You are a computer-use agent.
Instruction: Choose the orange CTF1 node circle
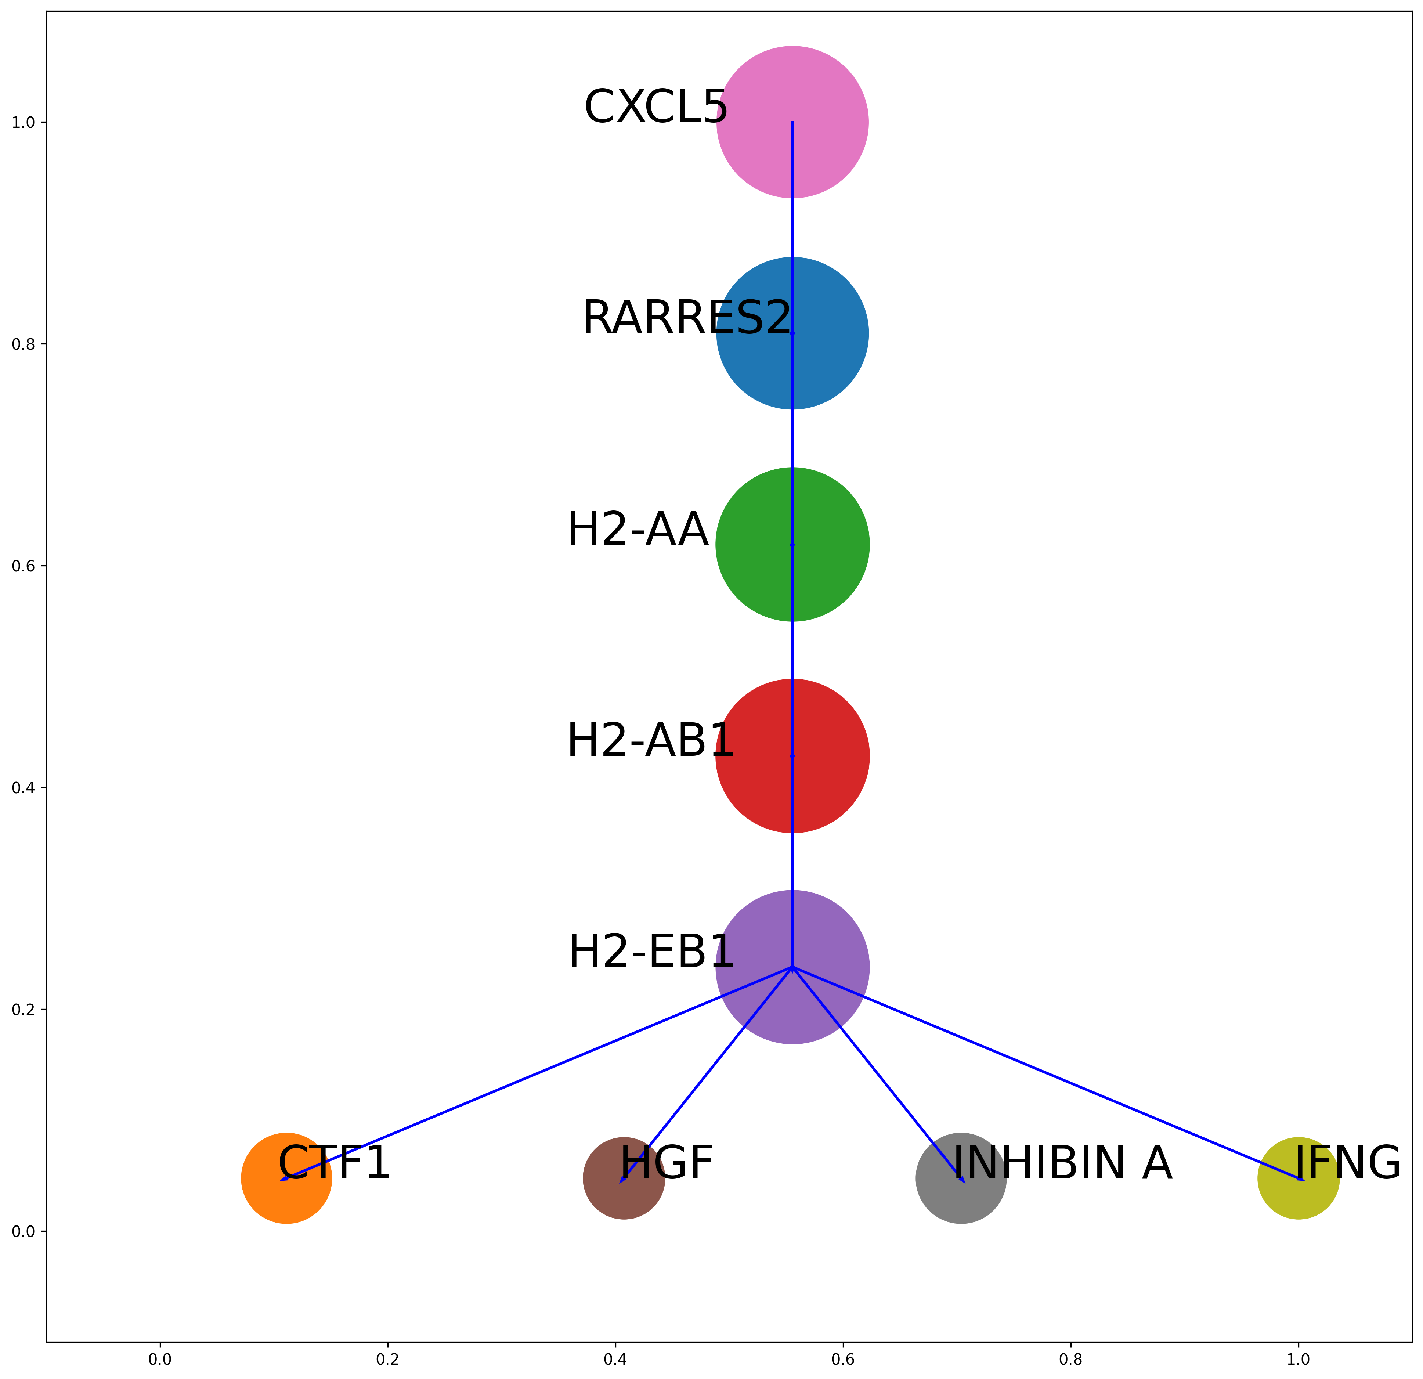coord(287,1178)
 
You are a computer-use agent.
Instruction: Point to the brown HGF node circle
coord(624,1178)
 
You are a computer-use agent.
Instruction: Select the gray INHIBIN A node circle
coord(961,1178)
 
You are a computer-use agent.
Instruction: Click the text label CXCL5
coord(655,107)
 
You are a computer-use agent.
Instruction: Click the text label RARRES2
coord(687,318)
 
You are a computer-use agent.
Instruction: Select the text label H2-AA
coord(638,529)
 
